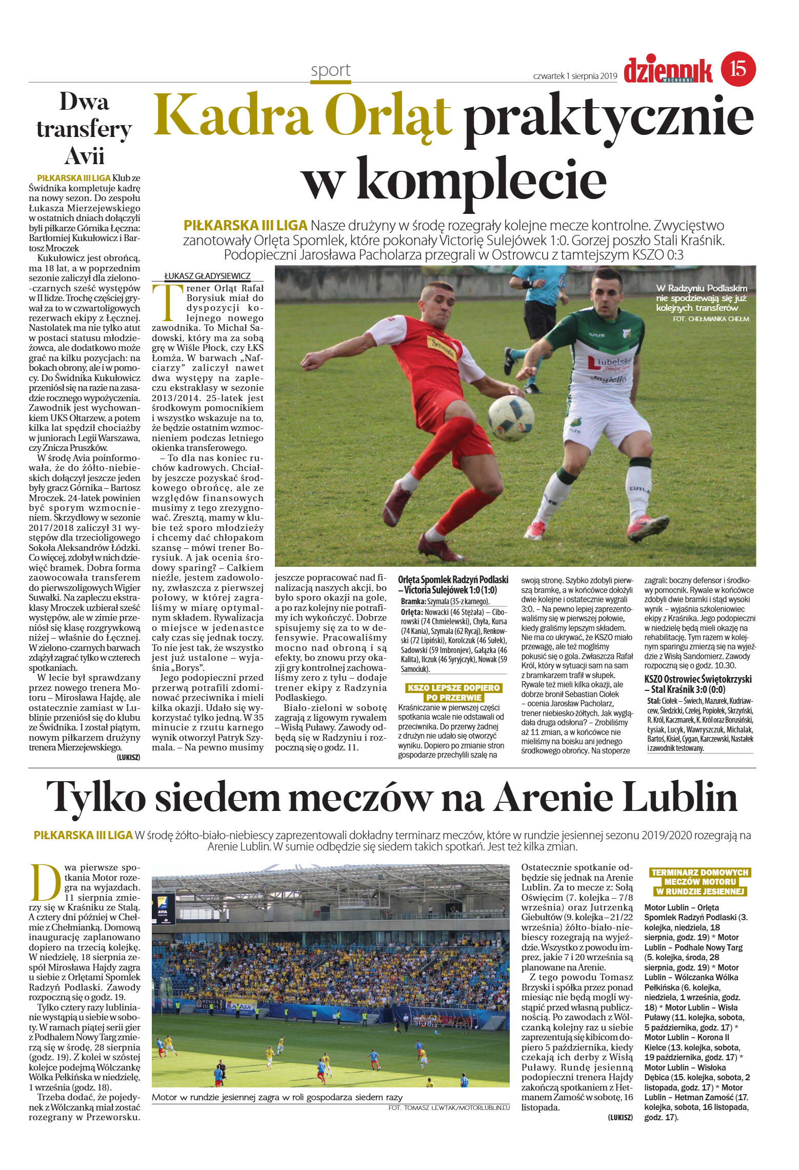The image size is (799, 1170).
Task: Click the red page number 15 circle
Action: pyautogui.click(x=738, y=68)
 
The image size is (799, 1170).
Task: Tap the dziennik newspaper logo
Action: pyautogui.click(x=667, y=70)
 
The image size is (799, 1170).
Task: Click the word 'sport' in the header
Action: pyautogui.click(x=331, y=70)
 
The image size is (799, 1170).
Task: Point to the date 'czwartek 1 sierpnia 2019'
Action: pyautogui.click(x=575, y=75)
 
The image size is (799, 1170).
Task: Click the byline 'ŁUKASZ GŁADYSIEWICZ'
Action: pyautogui.click(x=207, y=275)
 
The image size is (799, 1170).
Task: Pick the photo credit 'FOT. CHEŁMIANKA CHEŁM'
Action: pyautogui.click(x=710, y=319)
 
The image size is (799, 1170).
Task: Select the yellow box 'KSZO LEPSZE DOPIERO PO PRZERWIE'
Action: pyautogui.click(x=453, y=692)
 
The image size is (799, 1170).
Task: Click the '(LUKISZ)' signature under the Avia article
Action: pyautogui.click(x=128, y=757)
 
